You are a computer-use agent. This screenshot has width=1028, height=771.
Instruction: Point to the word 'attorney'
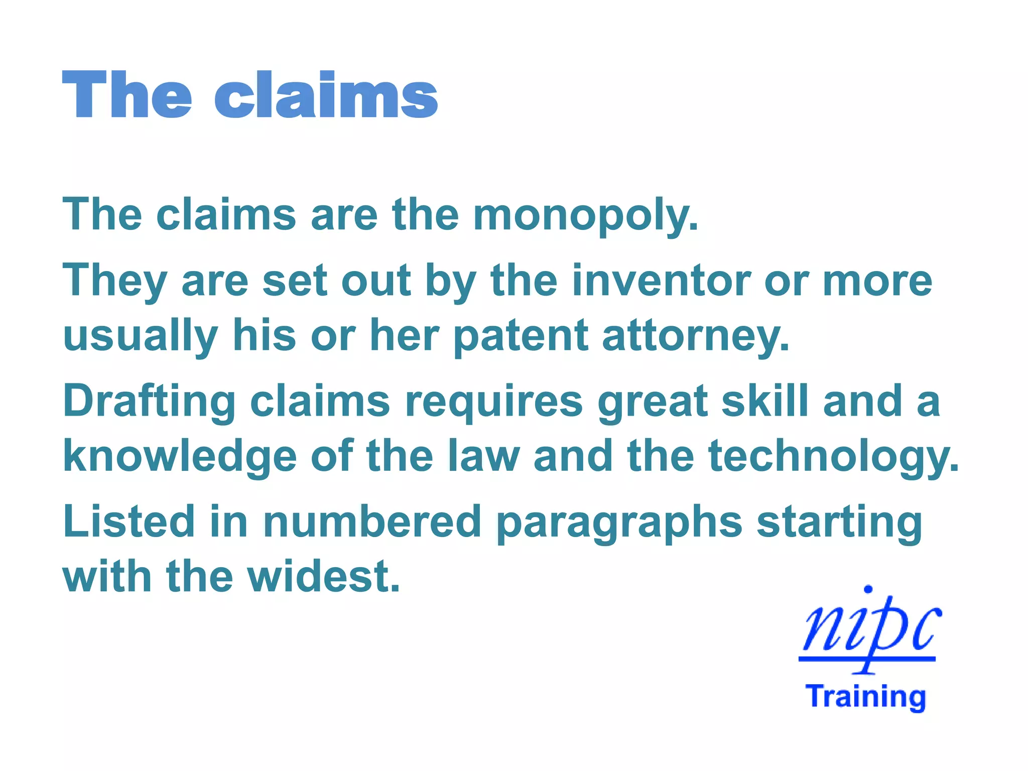696,336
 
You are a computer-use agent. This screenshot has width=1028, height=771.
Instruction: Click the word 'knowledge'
180,457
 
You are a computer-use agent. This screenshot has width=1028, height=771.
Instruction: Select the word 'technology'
833,457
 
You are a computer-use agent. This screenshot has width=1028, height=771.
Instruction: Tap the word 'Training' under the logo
866,697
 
